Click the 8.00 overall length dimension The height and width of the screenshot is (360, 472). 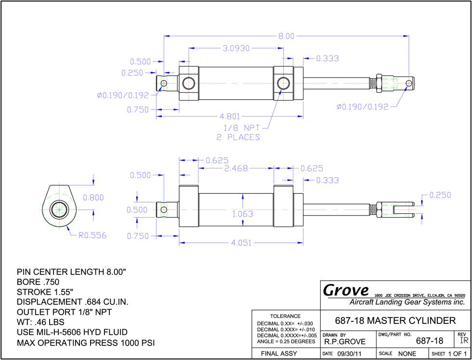[x=286, y=36]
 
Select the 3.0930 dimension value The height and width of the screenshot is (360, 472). [x=236, y=48]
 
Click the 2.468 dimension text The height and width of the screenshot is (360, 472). [x=236, y=168]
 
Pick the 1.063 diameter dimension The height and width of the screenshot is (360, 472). [x=243, y=214]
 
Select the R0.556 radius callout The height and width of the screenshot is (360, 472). [x=92, y=235]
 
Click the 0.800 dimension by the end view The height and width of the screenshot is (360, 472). [x=93, y=198]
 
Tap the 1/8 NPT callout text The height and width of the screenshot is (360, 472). [x=242, y=128]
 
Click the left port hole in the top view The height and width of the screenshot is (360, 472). [x=189, y=83]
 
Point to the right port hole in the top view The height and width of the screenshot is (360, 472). [x=283, y=83]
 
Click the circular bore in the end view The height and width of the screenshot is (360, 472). [x=59, y=209]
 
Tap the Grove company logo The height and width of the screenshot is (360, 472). [x=346, y=291]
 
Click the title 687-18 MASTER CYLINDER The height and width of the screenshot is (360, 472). [x=395, y=321]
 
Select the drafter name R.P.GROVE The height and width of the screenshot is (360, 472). [x=345, y=341]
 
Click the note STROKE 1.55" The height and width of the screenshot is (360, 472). [x=45, y=292]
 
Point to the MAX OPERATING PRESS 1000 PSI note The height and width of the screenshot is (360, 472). [x=86, y=343]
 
